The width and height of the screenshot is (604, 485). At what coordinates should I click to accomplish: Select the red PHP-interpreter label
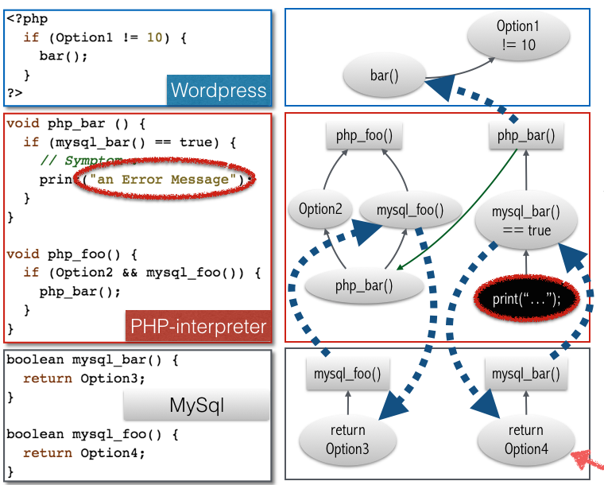click(198, 326)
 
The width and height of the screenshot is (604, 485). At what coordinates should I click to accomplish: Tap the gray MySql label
click(197, 406)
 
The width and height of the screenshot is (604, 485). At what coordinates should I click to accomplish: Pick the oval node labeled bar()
click(383, 76)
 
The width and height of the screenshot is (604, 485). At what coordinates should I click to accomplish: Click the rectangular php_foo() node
click(364, 135)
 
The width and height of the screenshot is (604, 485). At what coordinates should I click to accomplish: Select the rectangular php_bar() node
click(525, 135)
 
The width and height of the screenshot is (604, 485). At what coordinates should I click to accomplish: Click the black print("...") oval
click(526, 299)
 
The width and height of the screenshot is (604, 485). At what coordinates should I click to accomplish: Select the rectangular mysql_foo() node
click(347, 372)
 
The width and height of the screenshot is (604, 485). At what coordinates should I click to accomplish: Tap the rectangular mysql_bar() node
click(525, 372)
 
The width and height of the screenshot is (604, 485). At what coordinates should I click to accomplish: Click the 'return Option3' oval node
click(347, 440)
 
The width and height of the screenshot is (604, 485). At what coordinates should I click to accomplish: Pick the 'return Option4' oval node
click(525, 440)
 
